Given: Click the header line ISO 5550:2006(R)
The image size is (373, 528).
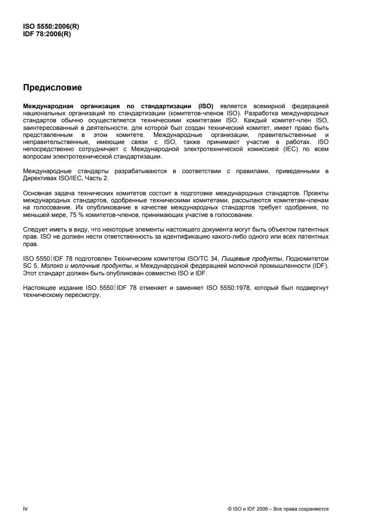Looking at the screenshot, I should coord(51,26).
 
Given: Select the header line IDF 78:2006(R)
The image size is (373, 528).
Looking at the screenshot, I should coord(47,33).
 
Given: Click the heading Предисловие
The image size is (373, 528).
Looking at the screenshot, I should coord(53,88).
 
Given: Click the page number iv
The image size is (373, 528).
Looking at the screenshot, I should coord(25,508).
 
